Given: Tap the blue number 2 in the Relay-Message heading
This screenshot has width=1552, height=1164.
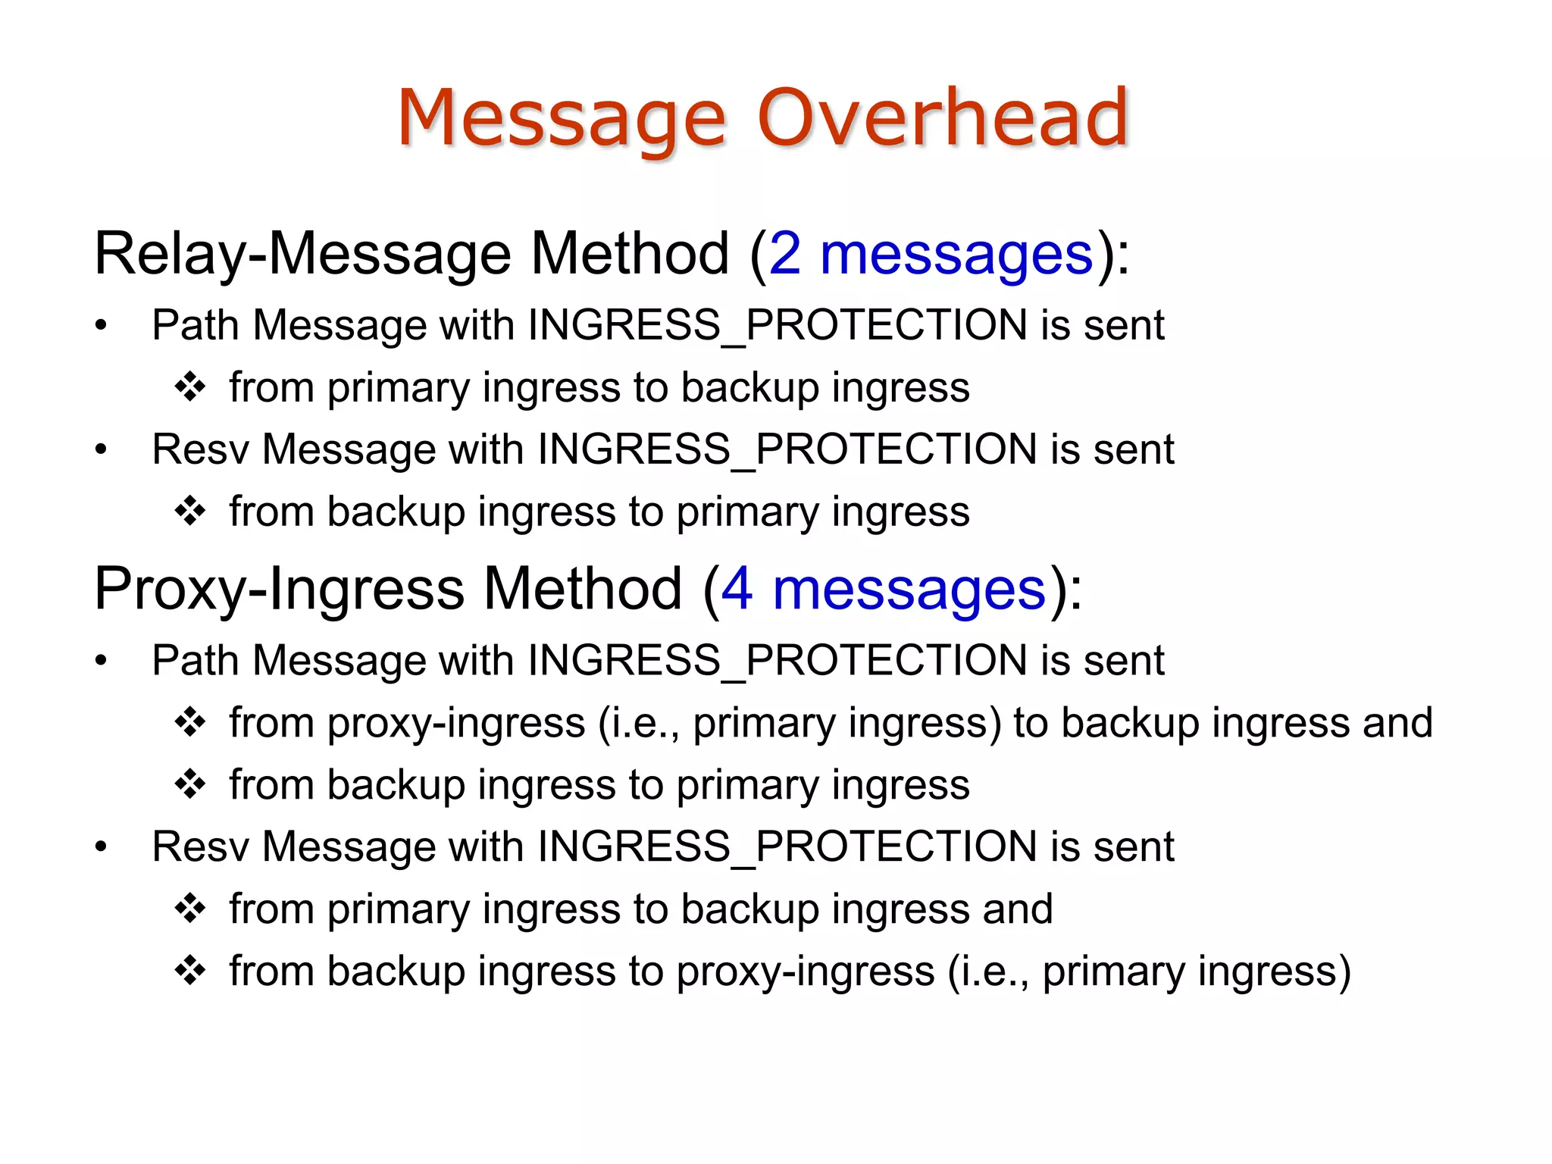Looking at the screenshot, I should click(785, 255).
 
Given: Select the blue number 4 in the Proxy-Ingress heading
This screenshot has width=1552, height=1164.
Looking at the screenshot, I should click(737, 590).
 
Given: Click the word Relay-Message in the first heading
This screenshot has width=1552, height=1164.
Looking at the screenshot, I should click(303, 255).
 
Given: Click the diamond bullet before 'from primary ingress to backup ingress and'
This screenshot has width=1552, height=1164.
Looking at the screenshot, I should click(189, 908).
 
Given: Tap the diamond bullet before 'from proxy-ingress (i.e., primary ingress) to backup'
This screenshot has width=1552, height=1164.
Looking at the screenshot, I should click(189, 721).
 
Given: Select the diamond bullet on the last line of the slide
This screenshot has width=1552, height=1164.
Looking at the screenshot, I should click(189, 970).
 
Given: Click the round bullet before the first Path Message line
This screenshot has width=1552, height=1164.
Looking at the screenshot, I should click(101, 326).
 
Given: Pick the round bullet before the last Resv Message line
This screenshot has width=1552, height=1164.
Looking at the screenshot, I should click(101, 846).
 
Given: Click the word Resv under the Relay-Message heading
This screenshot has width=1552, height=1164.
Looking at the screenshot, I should click(200, 449).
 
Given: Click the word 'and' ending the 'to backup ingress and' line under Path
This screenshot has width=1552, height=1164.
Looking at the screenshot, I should click(1397, 722).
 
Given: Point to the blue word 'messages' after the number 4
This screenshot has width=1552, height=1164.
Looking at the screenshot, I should click(909, 590).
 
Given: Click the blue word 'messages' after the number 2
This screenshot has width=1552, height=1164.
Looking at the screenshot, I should click(956, 255).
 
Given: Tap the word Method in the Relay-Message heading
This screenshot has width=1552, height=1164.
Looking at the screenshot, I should click(630, 255).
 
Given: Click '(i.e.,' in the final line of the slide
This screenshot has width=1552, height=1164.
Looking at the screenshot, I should click(989, 972).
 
